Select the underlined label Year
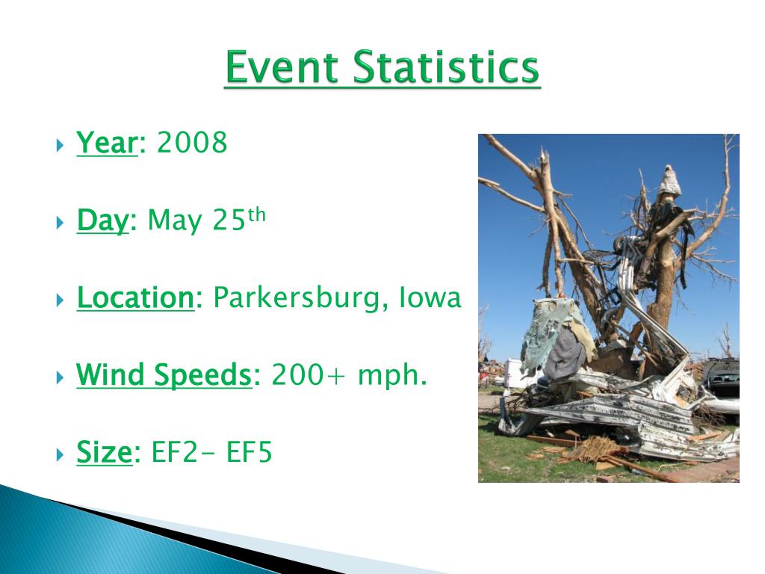[x=108, y=143]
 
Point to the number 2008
[x=192, y=142]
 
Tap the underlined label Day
[x=103, y=220]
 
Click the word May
[x=175, y=220]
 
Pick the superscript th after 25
[x=256, y=215]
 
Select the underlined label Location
[x=136, y=297]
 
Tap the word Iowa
[x=430, y=297]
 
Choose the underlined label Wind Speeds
[x=164, y=375]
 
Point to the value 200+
[x=308, y=375]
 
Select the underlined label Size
[x=105, y=452]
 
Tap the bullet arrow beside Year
[x=60, y=145]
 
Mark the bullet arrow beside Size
[x=60, y=455]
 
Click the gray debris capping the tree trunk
[x=670, y=181]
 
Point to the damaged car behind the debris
[x=721, y=386]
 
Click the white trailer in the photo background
[x=515, y=374]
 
